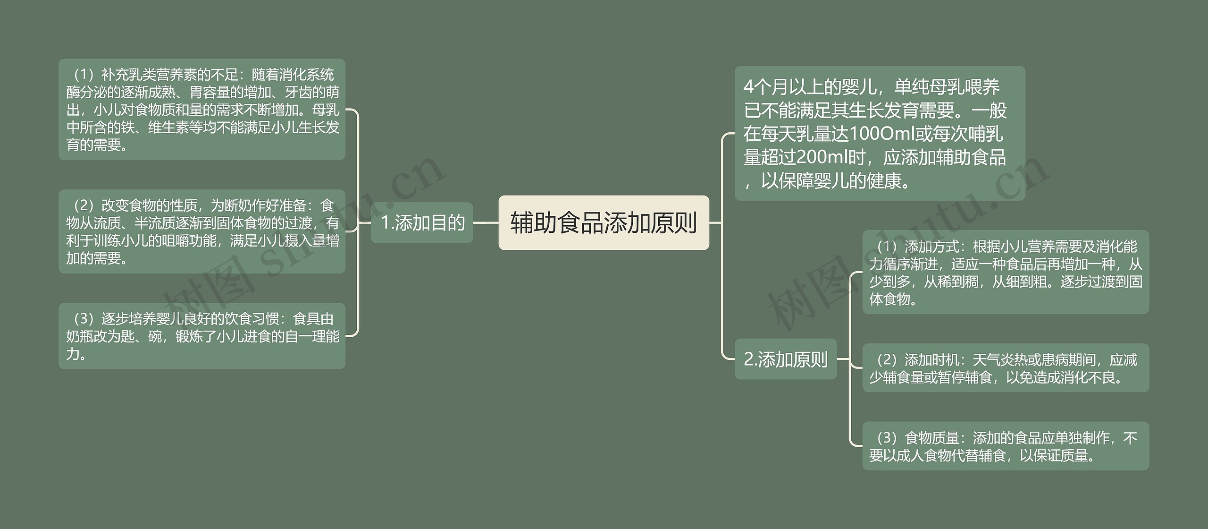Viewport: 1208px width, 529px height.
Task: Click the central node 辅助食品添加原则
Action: pyautogui.click(x=604, y=222)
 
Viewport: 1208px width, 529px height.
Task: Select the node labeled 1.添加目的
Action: pyautogui.click(x=422, y=222)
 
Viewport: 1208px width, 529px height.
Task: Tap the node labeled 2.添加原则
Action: pyautogui.click(x=786, y=359)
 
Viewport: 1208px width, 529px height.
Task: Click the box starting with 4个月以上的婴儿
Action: pyautogui.click(x=880, y=133)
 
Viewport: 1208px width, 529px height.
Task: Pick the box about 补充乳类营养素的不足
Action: pyautogui.click(x=202, y=109)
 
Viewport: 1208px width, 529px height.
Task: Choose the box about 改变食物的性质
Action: pyautogui.click(x=202, y=231)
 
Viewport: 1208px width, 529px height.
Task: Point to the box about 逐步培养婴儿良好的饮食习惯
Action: pyautogui.click(x=202, y=336)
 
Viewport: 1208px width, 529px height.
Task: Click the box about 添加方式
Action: pyautogui.click(x=1006, y=272)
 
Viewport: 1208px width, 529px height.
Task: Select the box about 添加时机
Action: pyautogui.click(x=1006, y=368)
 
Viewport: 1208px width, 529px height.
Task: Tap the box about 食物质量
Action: pyautogui.click(x=1006, y=446)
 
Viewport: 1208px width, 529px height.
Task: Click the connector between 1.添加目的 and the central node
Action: pyautogui.click(x=486, y=222)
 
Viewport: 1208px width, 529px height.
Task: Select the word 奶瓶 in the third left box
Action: pyautogui.click(x=80, y=336)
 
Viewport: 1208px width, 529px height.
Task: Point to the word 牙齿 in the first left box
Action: pyautogui.click(x=298, y=92)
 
